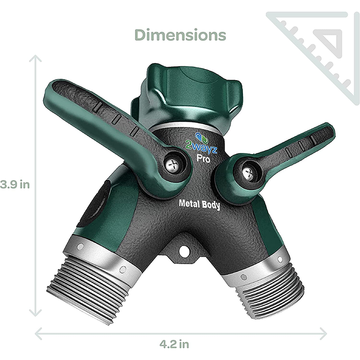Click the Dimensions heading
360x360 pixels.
point(180,35)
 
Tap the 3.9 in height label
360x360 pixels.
point(15,184)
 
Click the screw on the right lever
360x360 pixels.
point(247,173)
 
